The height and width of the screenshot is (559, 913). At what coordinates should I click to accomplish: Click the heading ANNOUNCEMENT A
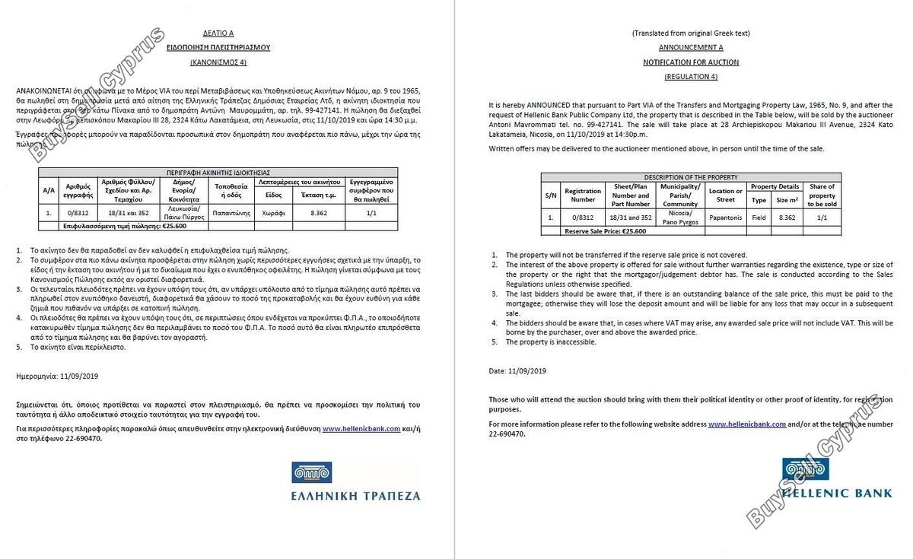[690, 47]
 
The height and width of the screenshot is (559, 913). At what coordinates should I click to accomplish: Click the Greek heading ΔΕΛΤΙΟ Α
[218, 34]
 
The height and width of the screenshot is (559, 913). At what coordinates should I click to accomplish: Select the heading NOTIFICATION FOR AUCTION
[690, 62]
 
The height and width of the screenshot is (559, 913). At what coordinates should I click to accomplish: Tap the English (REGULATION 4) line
[690, 77]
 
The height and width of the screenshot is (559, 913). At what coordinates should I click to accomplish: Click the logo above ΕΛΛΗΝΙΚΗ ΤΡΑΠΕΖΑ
[311, 472]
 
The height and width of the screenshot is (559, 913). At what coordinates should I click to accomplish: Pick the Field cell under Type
[759, 218]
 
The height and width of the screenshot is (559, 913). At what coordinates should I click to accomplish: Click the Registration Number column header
[583, 195]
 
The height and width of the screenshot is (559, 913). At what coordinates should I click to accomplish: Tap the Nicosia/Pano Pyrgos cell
[679, 218]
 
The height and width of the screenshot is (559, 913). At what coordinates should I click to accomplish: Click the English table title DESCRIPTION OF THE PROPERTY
[690, 177]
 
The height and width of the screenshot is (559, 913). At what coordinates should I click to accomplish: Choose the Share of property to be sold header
[821, 195]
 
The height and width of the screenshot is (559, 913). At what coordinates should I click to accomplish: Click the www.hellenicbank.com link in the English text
[746, 424]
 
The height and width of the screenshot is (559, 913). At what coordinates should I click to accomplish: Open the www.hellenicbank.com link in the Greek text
[361, 429]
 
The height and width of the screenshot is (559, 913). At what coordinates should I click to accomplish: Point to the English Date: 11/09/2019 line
[517, 370]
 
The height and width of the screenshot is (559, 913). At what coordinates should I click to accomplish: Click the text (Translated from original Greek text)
[690, 33]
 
